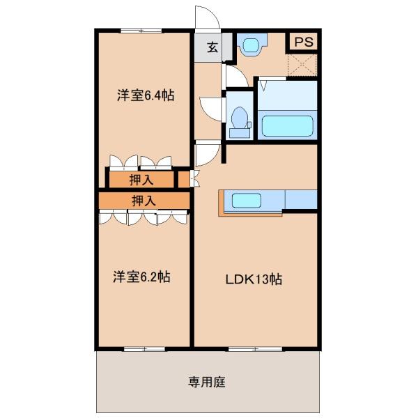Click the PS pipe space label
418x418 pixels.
[x=304, y=42]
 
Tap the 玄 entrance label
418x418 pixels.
[x=212, y=47]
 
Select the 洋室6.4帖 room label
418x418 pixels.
[x=146, y=95]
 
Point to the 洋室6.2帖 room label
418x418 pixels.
[x=141, y=277]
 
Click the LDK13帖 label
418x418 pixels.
[x=254, y=279]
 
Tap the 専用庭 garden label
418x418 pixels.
[x=207, y=382]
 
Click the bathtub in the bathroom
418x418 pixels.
[x=287, y=126]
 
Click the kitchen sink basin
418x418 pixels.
[x=246, y=201]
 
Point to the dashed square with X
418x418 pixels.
[x=302, y=65]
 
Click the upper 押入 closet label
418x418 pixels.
[x=141, y=180]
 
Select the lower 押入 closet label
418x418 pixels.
[x=144, y=201]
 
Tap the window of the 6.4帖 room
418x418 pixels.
[x=141, y=31]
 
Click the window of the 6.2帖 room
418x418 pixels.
[x=144, y=349]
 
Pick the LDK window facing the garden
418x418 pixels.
[x=256, y=349]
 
